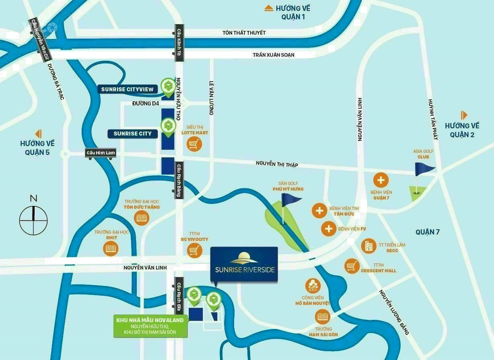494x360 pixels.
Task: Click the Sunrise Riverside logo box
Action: click(x=244, y=264)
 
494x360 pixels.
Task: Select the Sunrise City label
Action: click(x=132, y=134)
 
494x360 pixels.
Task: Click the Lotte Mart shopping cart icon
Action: click(x=194, y=144)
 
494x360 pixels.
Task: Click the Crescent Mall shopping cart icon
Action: click(x=352, y=266)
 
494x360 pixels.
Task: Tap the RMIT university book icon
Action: click(x=111, y=249)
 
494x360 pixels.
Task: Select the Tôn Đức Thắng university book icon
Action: click(x=142, y=218)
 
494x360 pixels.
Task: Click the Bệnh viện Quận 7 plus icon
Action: click(x=381, y=180)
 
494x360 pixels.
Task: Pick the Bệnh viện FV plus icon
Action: click(x=329, y=228)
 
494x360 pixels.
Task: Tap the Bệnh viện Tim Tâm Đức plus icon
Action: click(x=319, y=210)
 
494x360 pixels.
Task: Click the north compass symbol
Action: click(x=33, y=220)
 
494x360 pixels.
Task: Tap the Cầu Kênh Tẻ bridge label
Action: click(x=179, y=43)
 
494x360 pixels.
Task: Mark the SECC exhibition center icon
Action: click(x=368, y=246)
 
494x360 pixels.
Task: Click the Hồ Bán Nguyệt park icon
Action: click(x=313, y=286)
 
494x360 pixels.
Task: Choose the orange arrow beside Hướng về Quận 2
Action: click(x=464, y=115)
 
